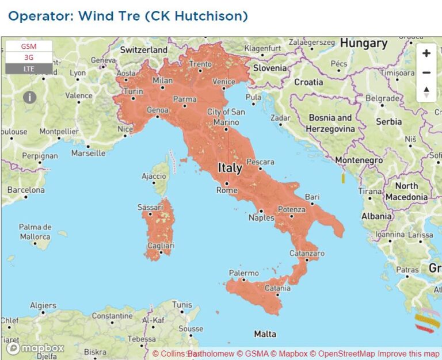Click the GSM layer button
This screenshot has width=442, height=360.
29,46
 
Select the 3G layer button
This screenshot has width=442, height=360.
29,58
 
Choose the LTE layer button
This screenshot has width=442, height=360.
29,69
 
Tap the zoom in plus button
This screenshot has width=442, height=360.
426,53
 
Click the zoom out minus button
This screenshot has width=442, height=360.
426,73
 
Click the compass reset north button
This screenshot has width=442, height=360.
426,92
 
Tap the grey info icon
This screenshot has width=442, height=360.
30,97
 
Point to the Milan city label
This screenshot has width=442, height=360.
162,81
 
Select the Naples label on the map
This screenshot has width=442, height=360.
261,218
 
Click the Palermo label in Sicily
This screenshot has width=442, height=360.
243,273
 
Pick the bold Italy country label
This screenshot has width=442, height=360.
230,168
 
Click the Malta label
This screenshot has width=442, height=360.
265,334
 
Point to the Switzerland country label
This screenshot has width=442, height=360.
144,50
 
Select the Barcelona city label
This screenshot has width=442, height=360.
26,190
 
